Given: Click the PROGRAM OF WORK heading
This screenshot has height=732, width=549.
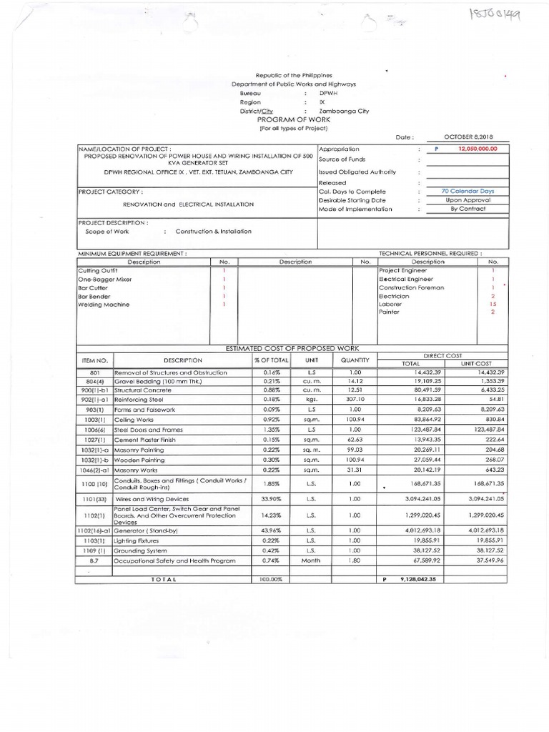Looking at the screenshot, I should [295, 119].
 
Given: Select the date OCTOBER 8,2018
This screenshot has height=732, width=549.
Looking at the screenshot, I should [469, 137].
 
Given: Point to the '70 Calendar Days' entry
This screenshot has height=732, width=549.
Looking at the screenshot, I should [468, 191].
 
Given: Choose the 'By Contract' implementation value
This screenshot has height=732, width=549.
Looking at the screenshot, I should [468, 209].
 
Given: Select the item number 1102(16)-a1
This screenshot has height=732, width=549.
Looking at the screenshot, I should [94, 530].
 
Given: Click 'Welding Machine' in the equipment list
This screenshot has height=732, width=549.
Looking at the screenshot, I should [104, 305].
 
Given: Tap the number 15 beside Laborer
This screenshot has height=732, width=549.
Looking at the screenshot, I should [493, 304].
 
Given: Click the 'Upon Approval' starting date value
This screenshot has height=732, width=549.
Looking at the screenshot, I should [468, 200].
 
